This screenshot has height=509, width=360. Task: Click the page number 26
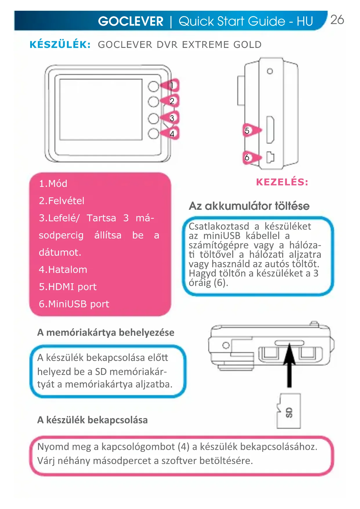pyautogui.click(x=337, y=20)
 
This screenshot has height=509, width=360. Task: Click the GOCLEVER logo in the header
pyautogui.click(x=131, y=21)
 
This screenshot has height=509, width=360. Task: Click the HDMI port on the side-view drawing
pyautogui.click(x=270, y=129)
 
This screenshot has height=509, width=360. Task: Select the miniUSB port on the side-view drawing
pyautogui.click(x=270, y=157)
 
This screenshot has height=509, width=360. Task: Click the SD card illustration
pyautogui.click(x=289, y=411)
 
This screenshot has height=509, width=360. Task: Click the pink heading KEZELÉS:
pyautogui.click(x=282, y=182)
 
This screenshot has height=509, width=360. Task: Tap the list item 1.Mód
pyautogui.click(x=53, y=184)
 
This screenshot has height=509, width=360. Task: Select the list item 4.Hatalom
pyautogui.click(x=63, y=270)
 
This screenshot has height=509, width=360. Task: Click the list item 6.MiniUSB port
pyautogui.click(x=74, y=304)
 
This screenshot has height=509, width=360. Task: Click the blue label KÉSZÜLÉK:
pyautogui.click(x=60, y=45)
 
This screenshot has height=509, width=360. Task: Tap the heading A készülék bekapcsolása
pyautogui.click(x=93, y=420)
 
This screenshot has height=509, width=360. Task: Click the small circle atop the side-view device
pyautogui.click(x=270, y=71)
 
